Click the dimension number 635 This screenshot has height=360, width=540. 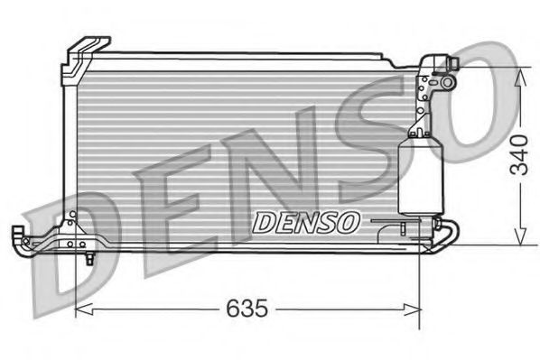pos(247,309)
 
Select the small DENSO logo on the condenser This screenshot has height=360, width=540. pos(305,222)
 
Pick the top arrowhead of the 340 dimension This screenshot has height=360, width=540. pos(519,74)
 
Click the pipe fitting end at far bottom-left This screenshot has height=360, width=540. pos(18,236)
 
